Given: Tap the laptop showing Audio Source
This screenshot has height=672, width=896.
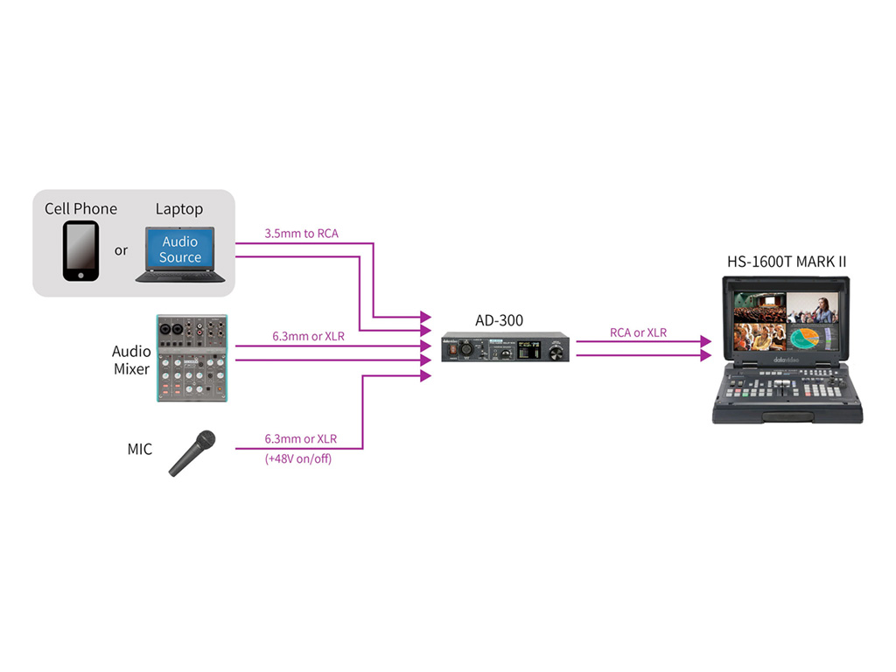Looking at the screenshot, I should tap(180, 254).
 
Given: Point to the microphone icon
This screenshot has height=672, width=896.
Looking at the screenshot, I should tap(192, 453).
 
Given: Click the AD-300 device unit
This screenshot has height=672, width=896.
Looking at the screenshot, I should tap(504, 347).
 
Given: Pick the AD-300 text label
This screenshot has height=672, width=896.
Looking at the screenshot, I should tap(499, 320).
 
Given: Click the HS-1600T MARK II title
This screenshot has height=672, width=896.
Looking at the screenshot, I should tap(787, 261).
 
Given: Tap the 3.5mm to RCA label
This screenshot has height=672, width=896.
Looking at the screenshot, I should tap(301, 234).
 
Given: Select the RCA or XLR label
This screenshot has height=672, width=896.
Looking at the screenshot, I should tap(638, 332).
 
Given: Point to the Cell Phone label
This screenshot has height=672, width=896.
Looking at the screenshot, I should tap(80, 209).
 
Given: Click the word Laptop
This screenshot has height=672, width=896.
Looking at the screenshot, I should tap(179, 209).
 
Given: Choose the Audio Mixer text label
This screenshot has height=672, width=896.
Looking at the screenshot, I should tap(131, 360).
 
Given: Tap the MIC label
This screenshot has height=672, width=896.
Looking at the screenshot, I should tap(139, 450).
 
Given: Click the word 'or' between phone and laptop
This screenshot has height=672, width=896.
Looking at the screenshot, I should tap(121, 250).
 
